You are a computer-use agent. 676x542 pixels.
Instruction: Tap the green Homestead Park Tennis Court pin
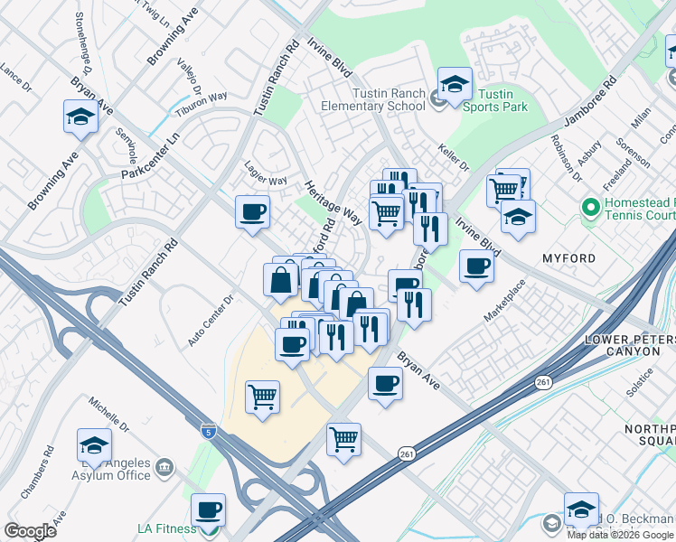591,208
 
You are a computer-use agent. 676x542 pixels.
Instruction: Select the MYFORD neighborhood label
568,258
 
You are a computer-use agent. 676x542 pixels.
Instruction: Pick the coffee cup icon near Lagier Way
252,211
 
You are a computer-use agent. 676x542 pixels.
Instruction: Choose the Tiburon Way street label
202,100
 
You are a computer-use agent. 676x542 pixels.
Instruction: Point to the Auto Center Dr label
211,321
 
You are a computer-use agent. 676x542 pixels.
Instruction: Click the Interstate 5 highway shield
209,430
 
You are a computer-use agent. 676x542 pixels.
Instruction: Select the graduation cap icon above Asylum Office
94,444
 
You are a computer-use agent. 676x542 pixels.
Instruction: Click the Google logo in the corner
30,531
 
